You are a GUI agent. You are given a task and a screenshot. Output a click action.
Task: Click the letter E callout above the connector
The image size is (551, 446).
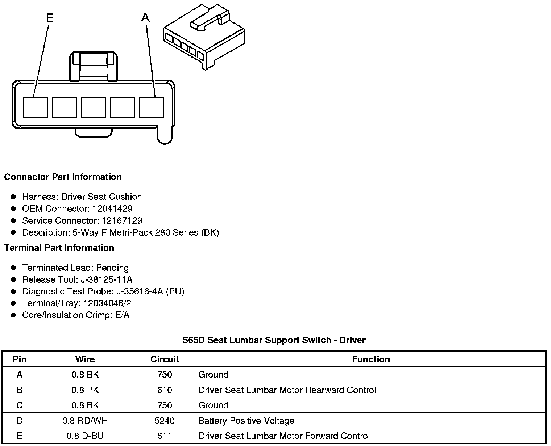tap(50, 18)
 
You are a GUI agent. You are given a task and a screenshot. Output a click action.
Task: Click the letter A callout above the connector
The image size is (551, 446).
tap(145, 17)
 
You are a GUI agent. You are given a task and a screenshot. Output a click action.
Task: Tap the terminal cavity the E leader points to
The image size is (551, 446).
tap(35, 107)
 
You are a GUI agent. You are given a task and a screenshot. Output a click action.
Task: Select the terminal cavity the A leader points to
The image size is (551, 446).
tap(152, 107)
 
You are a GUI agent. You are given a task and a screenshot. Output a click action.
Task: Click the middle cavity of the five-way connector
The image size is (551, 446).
tap(94, 107)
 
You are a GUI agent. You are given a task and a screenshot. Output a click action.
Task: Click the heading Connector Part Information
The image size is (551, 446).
tap(63, 177)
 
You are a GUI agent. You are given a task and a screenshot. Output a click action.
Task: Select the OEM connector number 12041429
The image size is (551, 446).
tap(112, 209)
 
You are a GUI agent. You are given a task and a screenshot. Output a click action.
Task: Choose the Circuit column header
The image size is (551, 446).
tap(165, 359)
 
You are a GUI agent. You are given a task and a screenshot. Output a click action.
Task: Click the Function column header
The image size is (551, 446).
tap(371, 359)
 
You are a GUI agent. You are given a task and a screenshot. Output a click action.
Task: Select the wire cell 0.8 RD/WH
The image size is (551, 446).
tap(85, 421)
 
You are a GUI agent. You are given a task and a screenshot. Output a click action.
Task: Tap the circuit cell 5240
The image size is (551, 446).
tap(165, 421)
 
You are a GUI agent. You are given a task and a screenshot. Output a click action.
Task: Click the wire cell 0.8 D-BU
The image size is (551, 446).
tap(85, 436)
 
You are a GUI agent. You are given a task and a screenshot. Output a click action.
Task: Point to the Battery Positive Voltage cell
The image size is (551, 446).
tap(246, 421)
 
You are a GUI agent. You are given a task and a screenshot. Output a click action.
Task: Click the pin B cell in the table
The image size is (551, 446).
tap(20, 390)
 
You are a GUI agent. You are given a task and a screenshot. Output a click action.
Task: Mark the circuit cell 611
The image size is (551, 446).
tap(165, 436)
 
